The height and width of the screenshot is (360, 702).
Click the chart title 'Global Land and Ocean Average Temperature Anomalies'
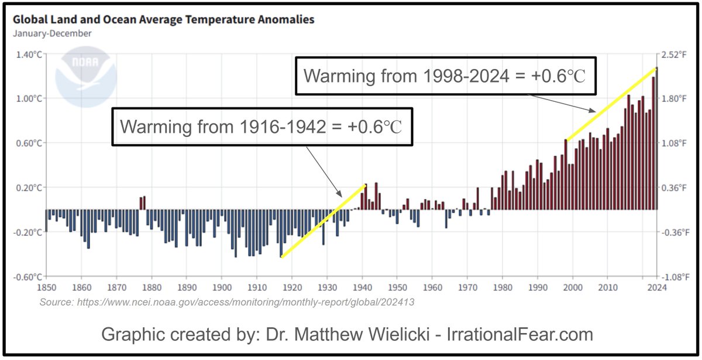(x=163, y=19)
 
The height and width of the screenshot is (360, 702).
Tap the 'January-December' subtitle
(x=52, y=33)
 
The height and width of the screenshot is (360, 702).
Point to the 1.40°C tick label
(x=29, y=54)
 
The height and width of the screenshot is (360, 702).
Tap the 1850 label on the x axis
(x=46, y=288)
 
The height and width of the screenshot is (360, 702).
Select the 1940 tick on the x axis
(x=362, y=288)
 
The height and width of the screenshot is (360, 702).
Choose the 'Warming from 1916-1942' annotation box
(x=261, y=126)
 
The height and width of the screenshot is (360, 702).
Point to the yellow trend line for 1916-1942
(x=324, y=220)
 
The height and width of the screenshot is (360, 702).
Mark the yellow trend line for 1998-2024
(x=611, y=104)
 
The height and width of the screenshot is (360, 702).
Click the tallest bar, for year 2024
(x=656, y=140)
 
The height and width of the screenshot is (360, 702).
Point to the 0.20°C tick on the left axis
(x=29, y=188)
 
